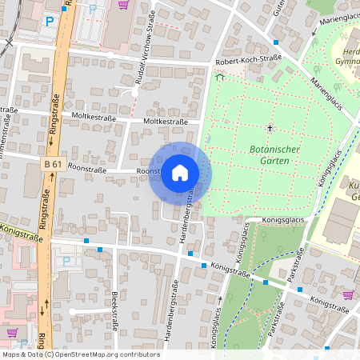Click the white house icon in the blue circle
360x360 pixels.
click(180, 173)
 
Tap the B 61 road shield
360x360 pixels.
click(54, 164)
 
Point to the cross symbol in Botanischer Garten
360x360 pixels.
click(270, 128)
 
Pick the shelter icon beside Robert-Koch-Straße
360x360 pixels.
click(219, 77)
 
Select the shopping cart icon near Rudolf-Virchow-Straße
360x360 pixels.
click(123, 4)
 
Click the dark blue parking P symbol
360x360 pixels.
click(50, 22)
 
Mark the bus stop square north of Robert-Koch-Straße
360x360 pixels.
click(276, 42)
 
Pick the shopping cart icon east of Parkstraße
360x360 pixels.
click(347, 295)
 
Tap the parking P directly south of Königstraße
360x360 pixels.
click(66, 260)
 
